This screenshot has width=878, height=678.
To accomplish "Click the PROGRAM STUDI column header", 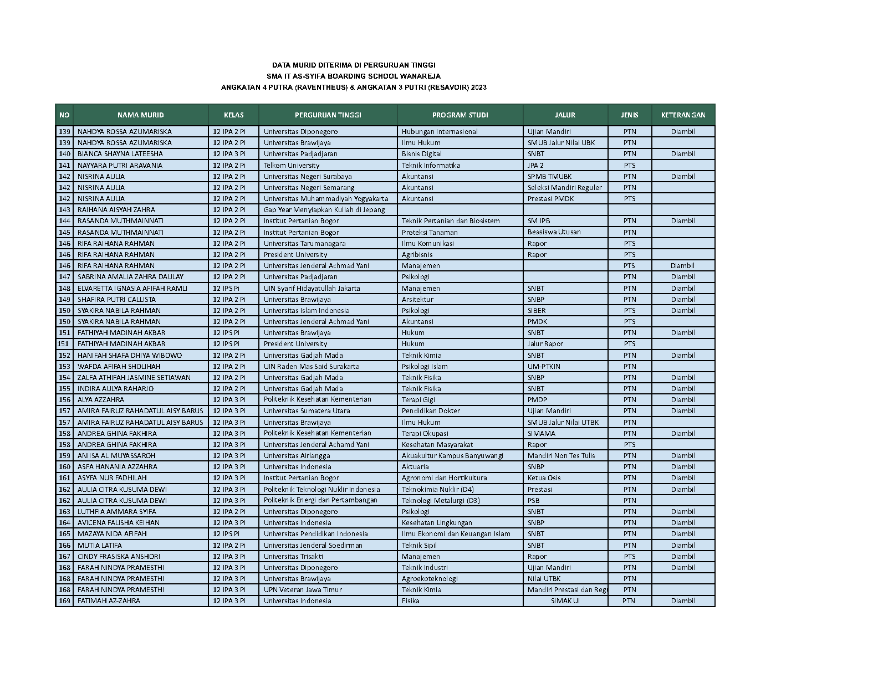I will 460,115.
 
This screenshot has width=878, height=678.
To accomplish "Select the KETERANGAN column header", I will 683,115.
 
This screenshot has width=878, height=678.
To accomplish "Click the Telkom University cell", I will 292,165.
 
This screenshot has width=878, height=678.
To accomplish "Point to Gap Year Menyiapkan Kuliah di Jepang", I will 324,210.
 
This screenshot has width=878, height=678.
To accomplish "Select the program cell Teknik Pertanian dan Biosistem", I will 451,221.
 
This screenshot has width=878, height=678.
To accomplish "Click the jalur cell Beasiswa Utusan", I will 554,232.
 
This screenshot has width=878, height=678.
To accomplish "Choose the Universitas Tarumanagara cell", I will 304,243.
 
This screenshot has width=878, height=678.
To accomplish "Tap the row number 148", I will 64,288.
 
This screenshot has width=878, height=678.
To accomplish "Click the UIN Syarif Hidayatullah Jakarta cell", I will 312,288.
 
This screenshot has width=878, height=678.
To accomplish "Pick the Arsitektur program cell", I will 417,299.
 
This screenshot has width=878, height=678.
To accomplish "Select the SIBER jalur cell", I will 537,311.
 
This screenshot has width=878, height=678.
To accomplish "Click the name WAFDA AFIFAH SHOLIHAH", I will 119,366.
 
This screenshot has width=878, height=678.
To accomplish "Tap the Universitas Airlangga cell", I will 297,455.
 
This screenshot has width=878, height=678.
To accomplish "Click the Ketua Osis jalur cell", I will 544,478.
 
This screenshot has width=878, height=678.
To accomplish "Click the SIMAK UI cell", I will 565,601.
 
